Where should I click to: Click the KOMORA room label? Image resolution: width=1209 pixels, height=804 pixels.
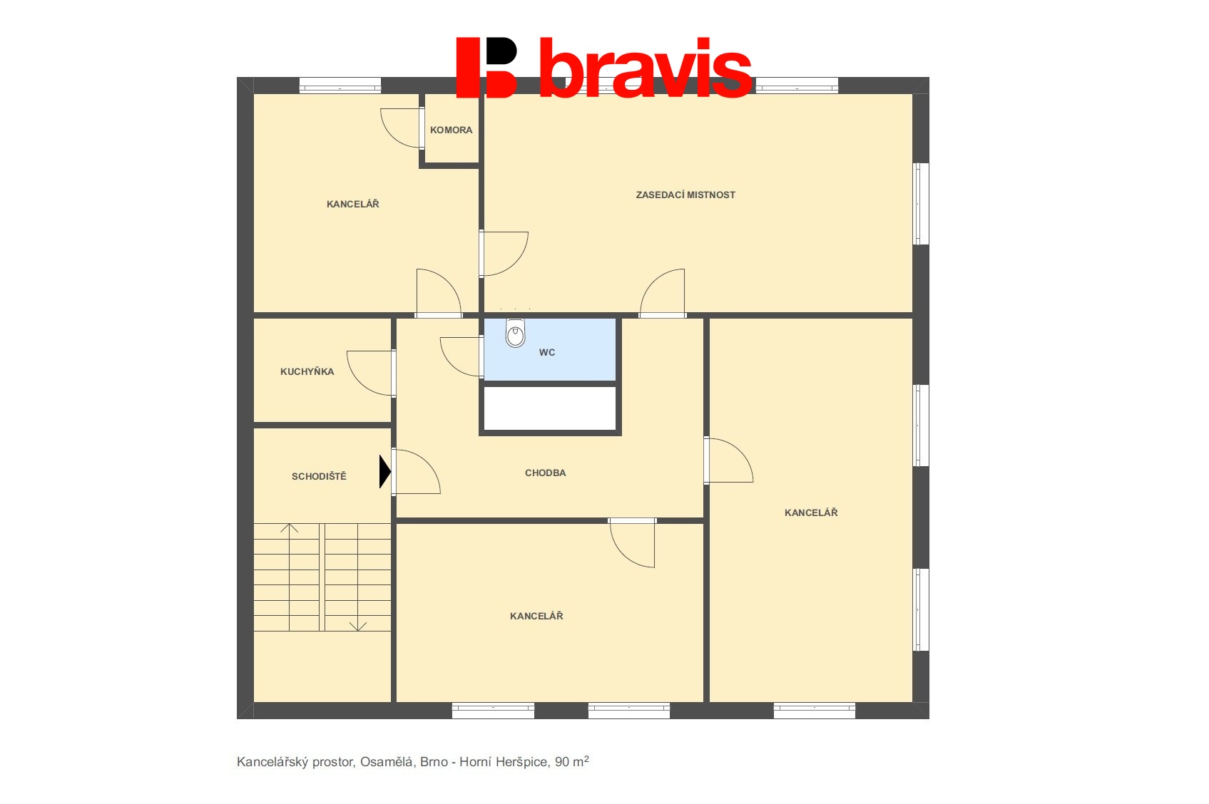point(452,130)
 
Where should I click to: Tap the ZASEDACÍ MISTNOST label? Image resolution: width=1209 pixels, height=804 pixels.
point(685,195)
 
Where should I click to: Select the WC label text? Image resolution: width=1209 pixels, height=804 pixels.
point(547,353)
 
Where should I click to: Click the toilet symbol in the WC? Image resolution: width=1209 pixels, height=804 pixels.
point(516,333)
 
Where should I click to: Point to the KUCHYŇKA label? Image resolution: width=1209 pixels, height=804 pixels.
point(307,371)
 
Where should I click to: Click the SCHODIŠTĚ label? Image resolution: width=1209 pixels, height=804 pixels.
point(319,476)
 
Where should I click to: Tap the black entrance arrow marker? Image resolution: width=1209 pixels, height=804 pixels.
point(385,471)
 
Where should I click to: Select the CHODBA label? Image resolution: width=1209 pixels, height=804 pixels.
point(545,473)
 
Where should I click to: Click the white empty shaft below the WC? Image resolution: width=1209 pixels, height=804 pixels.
point(550,408)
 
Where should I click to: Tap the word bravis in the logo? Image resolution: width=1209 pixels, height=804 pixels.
point(646,68)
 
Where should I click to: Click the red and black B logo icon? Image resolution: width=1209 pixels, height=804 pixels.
point(487,68)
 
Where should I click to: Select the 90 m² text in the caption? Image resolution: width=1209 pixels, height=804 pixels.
point(572,761)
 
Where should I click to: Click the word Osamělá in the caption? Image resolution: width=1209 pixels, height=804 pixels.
point(387,762)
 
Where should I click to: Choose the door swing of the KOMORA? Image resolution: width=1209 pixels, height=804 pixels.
point(400,128)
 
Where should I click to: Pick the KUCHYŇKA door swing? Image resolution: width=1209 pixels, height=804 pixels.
point(369,373)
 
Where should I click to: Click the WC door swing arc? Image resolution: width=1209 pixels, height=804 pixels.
point(460,356)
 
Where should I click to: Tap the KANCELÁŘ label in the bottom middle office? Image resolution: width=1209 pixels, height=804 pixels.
point(536,616)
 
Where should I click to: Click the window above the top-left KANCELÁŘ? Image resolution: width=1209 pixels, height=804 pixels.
point(340,86)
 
